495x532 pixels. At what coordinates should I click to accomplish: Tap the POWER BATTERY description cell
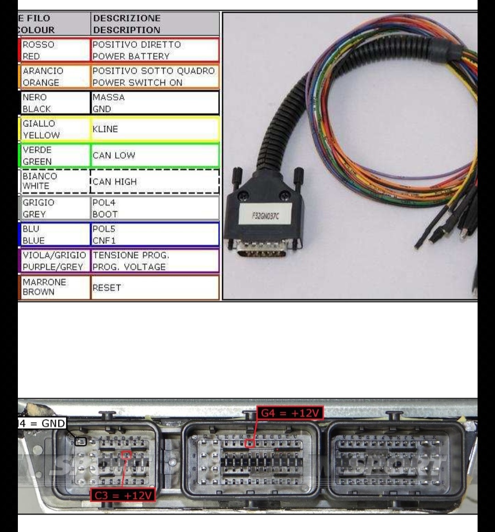tap(155, 50)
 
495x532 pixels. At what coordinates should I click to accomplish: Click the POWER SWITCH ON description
tap(155, 77)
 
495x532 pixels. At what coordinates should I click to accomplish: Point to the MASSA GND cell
tap(155, 103)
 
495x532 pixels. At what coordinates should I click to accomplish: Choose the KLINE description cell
tap(155, 129)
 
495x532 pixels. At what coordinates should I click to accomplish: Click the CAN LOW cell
tap(155, 155)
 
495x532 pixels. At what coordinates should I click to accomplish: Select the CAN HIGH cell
tap(155, 182)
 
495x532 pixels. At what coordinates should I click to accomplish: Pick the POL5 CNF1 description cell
tap(155, 234)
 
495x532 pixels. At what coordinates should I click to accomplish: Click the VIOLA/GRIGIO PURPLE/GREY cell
tap(54, 261)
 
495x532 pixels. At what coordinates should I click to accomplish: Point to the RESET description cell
tap(155, 288)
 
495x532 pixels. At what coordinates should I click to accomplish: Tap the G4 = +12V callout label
tap(290, 413)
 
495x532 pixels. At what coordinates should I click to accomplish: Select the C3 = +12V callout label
tap(123, 495)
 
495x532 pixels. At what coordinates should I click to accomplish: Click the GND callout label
tap(42, 423)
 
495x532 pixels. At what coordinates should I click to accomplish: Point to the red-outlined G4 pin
tap(250, 443)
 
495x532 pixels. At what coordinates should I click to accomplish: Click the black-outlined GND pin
tap(81, 442)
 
